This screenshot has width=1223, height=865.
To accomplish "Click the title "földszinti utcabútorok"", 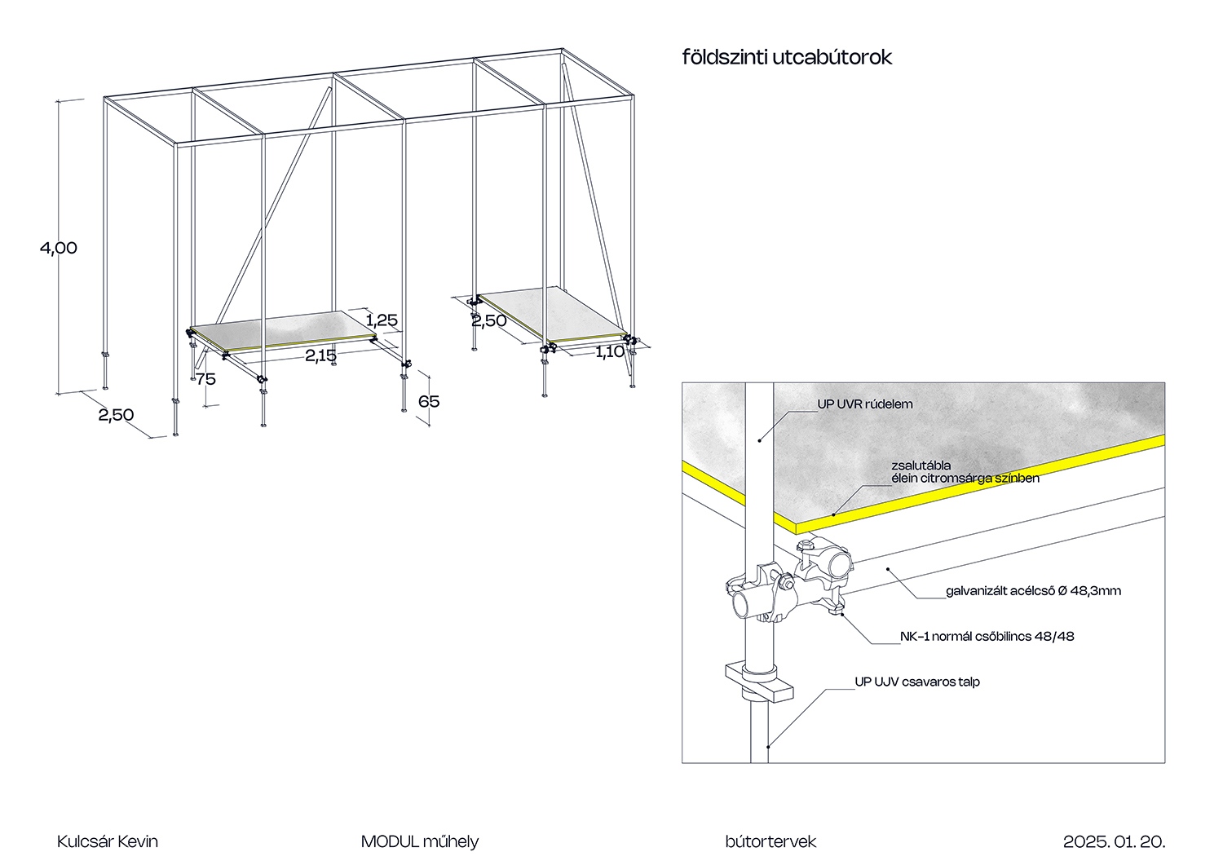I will (x=787, y=57).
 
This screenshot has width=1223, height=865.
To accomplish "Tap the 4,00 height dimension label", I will (x=59, y=248).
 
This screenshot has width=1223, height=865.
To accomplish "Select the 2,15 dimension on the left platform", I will (x=320, y=355).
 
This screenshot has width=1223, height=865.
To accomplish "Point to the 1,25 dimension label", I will (x=382, y=320).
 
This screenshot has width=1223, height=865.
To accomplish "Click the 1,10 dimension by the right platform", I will (x=609, y=352).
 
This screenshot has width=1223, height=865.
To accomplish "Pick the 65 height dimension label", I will (x=429, y=401).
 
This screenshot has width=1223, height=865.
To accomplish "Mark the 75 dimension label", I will (x=205, y=379).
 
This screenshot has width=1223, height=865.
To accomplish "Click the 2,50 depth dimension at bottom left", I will (x=116, y=415).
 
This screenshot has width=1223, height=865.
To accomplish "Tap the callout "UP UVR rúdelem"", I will (x=865, y=404).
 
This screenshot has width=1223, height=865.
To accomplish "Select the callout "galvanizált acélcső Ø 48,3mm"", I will (x=1033, y=591).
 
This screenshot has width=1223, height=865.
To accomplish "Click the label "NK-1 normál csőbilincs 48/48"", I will (x=987, y=637).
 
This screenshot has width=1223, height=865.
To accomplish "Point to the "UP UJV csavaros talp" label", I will (x=917, y=682).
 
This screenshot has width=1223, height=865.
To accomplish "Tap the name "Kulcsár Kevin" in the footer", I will (x=108, y=841).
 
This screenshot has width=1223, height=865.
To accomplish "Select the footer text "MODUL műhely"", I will (x=420, y=841).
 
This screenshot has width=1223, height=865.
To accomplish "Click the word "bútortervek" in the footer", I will (x=770, y=841).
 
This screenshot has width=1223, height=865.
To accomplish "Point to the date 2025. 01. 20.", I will (x=1114, y=841).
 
